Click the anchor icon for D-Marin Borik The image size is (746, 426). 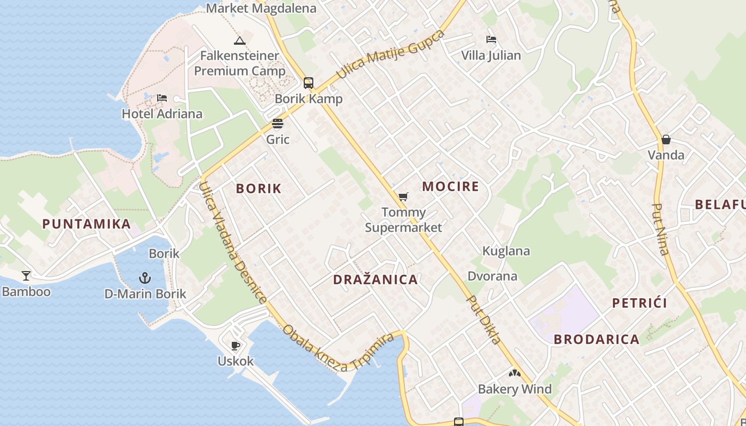click(144, 277)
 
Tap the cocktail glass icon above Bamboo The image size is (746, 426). click(26, 275)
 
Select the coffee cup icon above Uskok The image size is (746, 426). click(236, 346)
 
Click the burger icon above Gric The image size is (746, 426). click(278, 124)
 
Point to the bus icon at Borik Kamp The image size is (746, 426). click(309, 83)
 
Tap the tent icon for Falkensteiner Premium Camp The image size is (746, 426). click(240, 40)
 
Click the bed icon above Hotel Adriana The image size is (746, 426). click(162, 98)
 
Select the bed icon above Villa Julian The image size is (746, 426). click(491, 39)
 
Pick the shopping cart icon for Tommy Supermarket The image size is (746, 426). click(403, 197)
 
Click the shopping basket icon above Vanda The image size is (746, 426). click(666, 140)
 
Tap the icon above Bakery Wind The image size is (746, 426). click(514, 374)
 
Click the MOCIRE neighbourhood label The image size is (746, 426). click(450, 186)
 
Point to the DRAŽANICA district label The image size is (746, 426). click(375, 280)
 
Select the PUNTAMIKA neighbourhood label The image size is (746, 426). click(86, 224)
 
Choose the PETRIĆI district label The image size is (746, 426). click(639, 304)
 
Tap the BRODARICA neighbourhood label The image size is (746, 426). click(596, 339)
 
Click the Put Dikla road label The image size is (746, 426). click(484, 319)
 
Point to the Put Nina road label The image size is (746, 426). click(661, 229)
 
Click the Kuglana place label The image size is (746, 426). click(506, 251)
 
